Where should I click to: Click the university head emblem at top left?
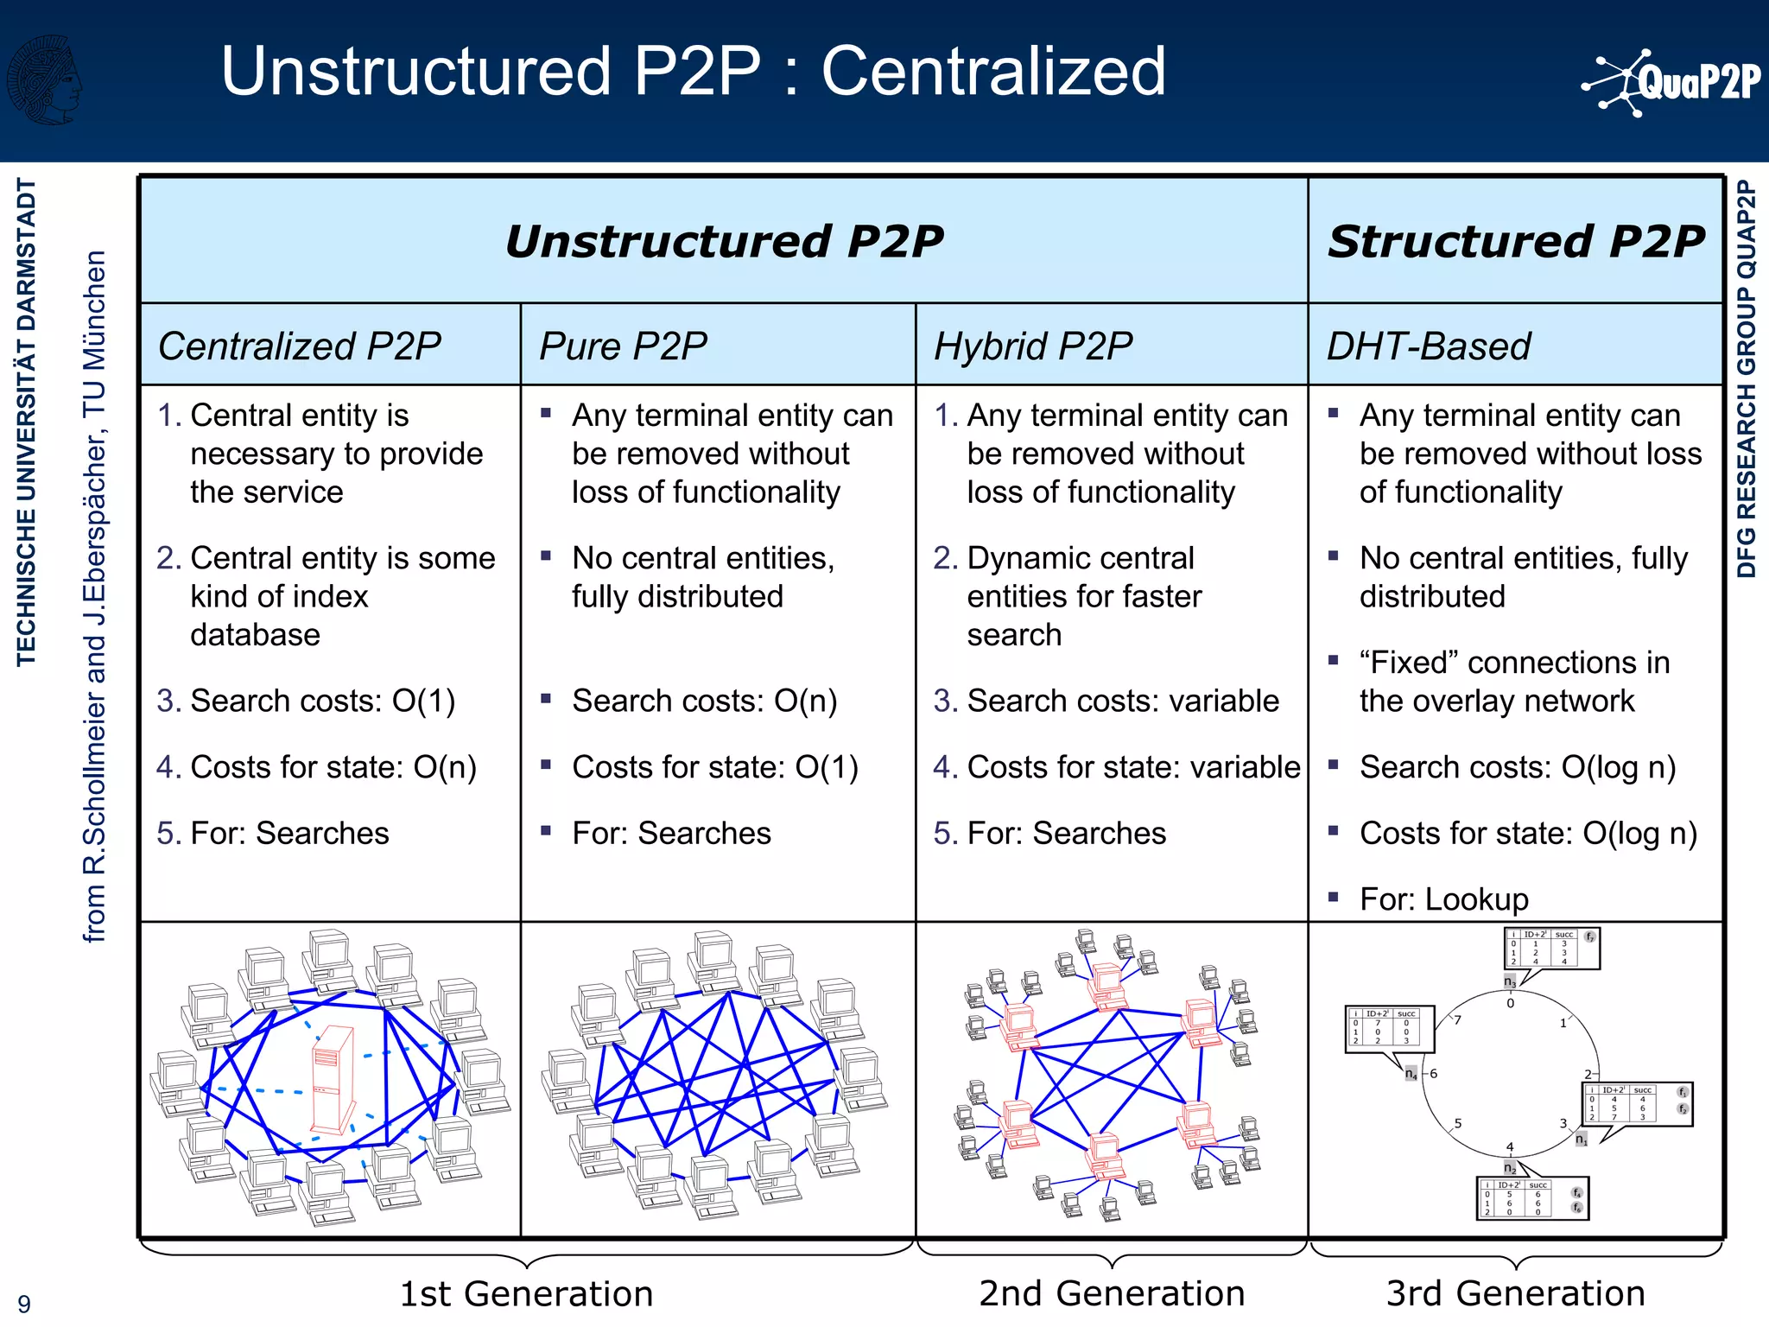pyautogui.click(x=45, y=79)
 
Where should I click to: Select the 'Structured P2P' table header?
pyautogui.click(x=1516, y=241)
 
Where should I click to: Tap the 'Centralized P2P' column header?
pyautogui.click(x=299, y=346)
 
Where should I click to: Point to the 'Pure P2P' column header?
pyautogui.click(x=623, y=346)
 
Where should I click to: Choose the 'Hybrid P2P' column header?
pyautogui.click(x=1033, y=346)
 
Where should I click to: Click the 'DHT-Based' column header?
pyautogui.click(x=1428, y=346)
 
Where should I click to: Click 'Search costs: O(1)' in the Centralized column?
pyautogui.click(x=322, y=701)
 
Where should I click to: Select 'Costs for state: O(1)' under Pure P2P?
pyautogui.click(x=715, y=767)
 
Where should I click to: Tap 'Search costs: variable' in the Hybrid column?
pyautogui.click(x=1122, y=701)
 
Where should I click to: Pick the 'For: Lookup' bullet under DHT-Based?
pyautogui.click(x=1443, y=899)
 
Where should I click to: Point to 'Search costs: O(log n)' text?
pyautogui.click(x=1517, y=767)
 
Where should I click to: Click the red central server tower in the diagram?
pyautogui.click(x=333, y=1079)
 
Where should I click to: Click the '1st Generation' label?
pyautogui.click(x=526, y=1293)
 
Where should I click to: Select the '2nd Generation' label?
pyautogui.click(x=1112, y=1293)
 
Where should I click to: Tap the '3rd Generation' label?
pyautogui.click(x=1515, y=1293)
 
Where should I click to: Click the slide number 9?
pyautogui.click(x=24, y=1304)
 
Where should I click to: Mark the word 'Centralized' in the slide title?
pyautogui.click(x=993, y=71)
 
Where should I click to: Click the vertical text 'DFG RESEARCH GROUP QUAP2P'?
pyautogui.click(x=1747, y=378)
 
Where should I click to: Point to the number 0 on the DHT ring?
pyautogui.click(x=1511, y=1004)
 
